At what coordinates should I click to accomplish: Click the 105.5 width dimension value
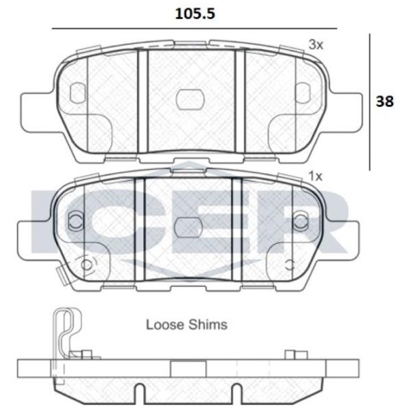click(195, 14)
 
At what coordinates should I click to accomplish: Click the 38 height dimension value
click(384, 101)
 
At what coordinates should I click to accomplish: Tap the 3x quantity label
click(316, 45)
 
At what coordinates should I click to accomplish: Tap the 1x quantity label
click(316, 176)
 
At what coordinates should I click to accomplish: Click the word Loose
click(165, 325)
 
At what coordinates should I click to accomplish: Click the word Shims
click(208, 325)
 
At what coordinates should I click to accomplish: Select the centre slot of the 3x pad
click(190, 99)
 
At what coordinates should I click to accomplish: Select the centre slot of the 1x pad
click(188, 227)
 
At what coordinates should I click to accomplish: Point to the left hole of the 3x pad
click(78, 92)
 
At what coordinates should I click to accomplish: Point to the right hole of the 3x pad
click(303, 92)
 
